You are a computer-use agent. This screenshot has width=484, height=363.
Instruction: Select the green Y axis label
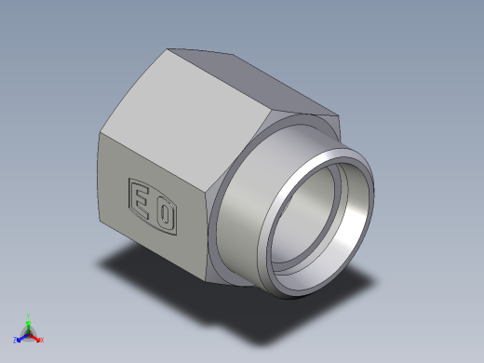coord(29,316)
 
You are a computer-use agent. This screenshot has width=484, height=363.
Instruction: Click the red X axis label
coord(42,341)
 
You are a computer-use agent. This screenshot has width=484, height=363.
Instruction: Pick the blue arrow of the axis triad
coord(21,337)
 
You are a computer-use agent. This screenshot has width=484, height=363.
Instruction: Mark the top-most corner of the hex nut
coord(170,49)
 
